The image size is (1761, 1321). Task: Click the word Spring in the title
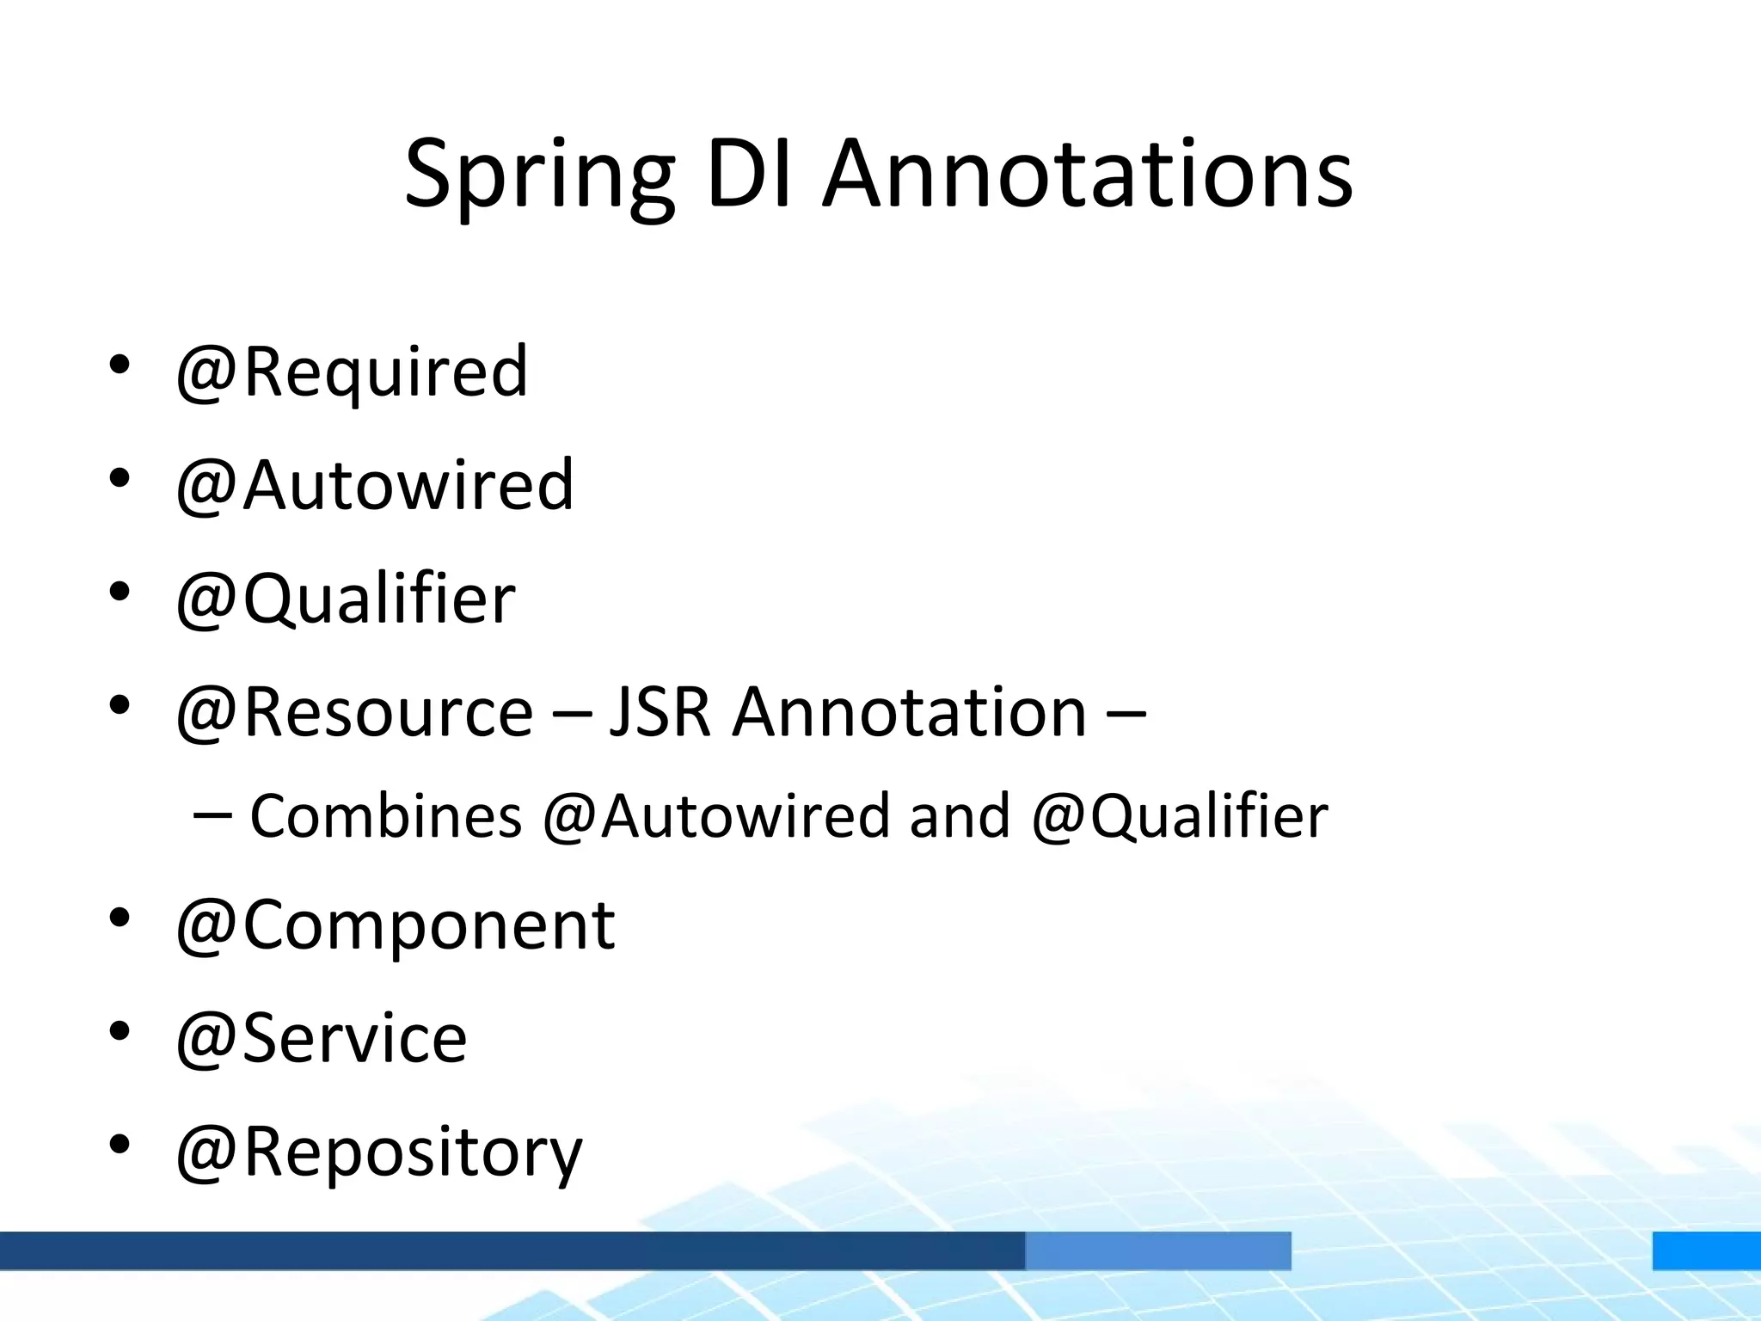[539, 176]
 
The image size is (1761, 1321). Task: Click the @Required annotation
[352, 372]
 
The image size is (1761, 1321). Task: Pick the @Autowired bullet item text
[374, 485]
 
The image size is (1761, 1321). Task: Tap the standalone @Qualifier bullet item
[345, 599]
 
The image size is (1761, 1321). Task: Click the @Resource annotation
[354, 712]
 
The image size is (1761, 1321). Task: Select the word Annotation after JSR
[909, 712]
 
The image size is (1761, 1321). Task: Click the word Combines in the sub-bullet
[386, 816]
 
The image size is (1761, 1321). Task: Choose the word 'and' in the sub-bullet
[959, 816]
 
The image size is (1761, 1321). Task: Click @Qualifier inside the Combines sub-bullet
[1180, 816]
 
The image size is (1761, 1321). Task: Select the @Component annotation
[395, 925]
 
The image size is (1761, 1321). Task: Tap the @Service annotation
[321, 1039]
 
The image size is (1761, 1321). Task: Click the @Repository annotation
[379, 1152]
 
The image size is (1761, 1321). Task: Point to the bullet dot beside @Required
[120, 365]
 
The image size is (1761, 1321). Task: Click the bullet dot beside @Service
[120, 1030]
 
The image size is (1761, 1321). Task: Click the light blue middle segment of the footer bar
[1157, 1250]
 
